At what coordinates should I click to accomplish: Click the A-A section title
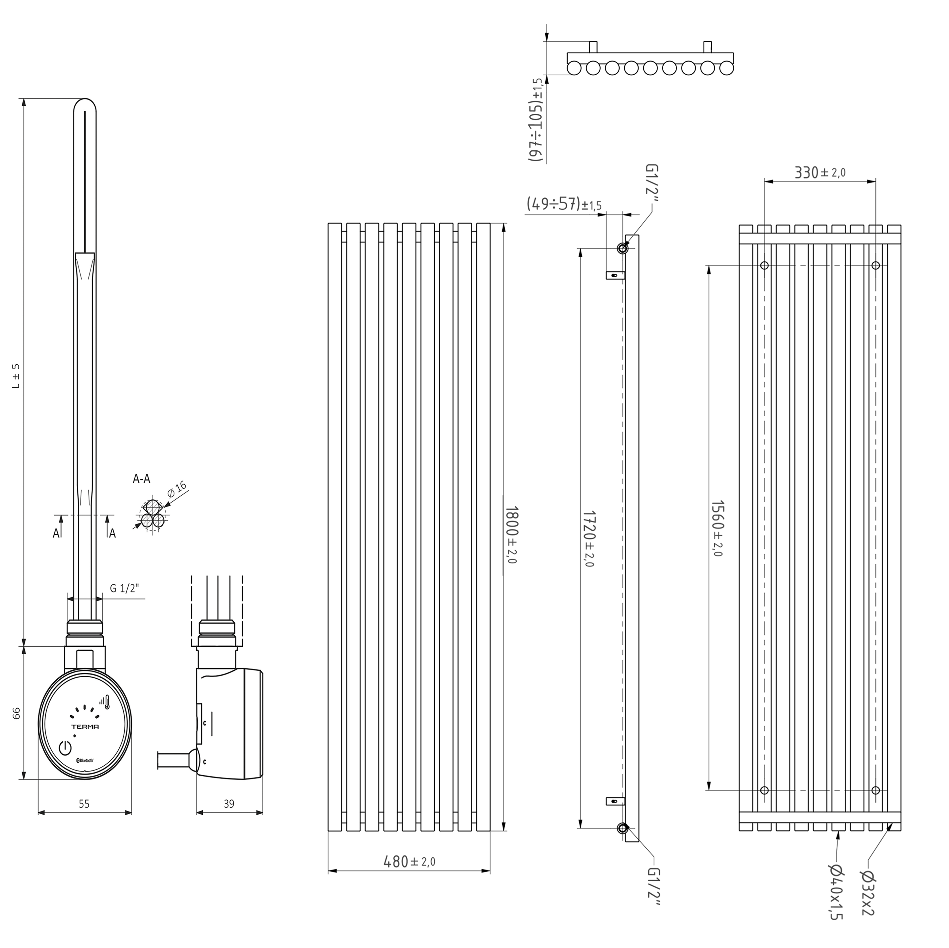(x=141, y=479)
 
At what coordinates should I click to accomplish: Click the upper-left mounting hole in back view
(x=764, y=266)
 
